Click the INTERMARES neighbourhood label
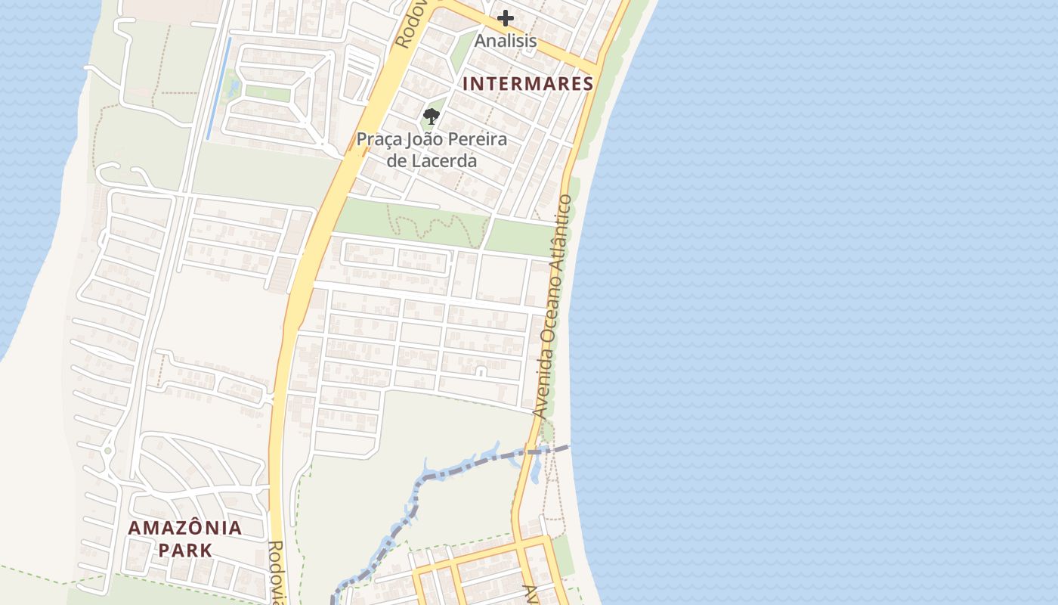[527, 84]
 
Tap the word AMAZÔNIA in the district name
[185, 528]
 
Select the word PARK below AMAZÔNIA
[185, 550]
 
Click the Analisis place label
[506, 41]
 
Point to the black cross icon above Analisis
[506, 18]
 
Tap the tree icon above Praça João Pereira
[432, 116]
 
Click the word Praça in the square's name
[377, 140]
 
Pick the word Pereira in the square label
[477, 140]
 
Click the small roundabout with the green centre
[108, 451]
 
